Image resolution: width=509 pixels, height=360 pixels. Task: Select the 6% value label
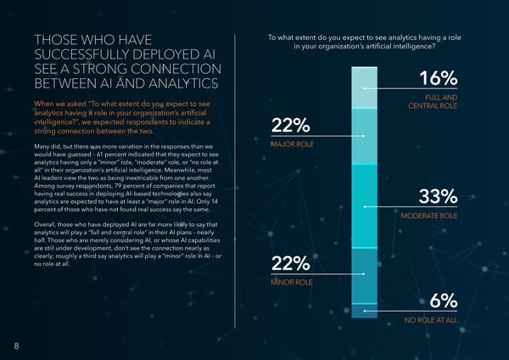tap(443, 301)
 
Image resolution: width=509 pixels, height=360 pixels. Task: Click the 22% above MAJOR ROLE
tap(290, 127)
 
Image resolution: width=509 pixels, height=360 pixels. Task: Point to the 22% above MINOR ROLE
tap(290, 263)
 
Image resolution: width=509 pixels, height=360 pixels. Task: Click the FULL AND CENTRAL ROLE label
tap(434, 103)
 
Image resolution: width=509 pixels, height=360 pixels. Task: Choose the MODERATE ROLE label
tap(430, 217)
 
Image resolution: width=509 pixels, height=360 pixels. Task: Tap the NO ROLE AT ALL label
tap(431, 320)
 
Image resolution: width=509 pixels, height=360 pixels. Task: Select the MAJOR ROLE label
tap(292, 144)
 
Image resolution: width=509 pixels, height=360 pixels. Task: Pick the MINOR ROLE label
tap(292, 281)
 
